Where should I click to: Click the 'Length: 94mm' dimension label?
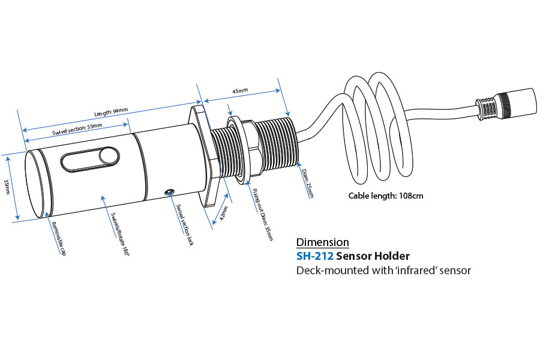point(111,112)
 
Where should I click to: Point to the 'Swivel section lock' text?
point(185,226)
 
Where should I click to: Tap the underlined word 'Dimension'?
point(323,242)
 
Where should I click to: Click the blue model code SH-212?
point(314,256)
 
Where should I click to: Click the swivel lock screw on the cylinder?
point(170,193)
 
